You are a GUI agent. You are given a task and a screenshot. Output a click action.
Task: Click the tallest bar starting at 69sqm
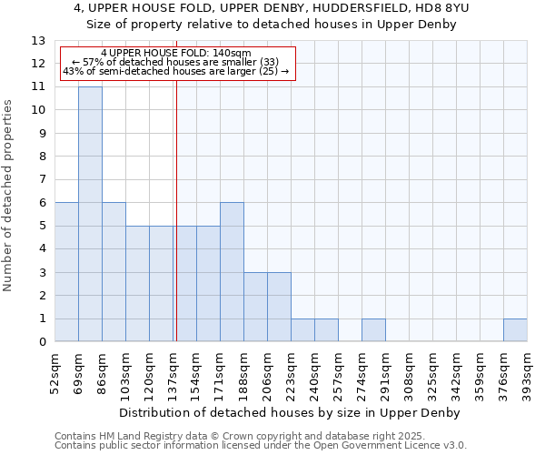90,214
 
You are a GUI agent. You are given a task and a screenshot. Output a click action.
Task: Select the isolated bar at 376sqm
515,330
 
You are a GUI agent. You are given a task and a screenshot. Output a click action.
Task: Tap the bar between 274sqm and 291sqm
373,330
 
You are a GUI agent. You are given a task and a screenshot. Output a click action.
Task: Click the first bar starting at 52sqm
66,272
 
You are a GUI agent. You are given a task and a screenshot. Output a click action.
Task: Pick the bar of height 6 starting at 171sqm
232,272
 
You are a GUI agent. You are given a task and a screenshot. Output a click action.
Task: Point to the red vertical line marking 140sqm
176,209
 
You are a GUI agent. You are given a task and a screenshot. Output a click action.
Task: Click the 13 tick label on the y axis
38,41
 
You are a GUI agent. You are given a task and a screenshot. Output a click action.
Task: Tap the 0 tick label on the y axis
42,342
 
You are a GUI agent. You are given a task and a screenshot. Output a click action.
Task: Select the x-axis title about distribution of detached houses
290,412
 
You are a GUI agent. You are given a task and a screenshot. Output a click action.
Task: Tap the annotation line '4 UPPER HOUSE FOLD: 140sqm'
176,54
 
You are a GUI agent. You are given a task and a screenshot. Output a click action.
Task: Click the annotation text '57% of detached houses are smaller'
178,63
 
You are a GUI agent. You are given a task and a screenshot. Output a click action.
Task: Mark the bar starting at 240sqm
326,330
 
